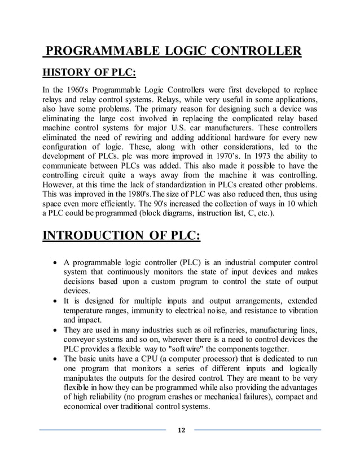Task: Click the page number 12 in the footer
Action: pyautogui.click(x=181, y=431)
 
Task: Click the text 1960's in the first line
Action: pyautogui.click(x=72, y=90)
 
